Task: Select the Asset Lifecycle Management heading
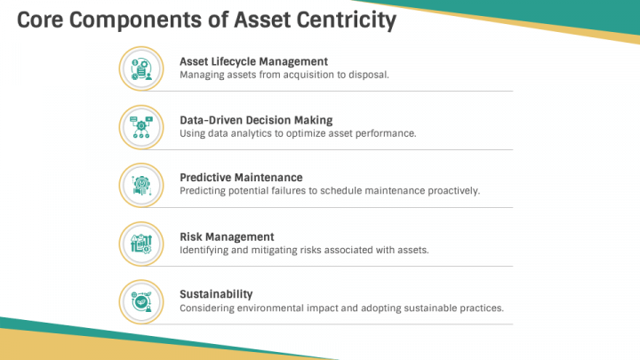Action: (253, 61)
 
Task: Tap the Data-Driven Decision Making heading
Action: (256, 120)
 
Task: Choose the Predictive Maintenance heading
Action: (241, 178)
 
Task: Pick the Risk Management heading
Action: (227, 236)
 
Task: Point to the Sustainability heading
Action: (216, 294)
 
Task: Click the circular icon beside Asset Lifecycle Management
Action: (140, 68)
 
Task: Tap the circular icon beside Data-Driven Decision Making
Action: (140, 126)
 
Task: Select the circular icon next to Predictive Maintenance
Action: (140, 185)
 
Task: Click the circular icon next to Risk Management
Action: (140, 243)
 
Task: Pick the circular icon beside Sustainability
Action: (140, 301)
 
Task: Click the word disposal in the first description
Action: (367, 76)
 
